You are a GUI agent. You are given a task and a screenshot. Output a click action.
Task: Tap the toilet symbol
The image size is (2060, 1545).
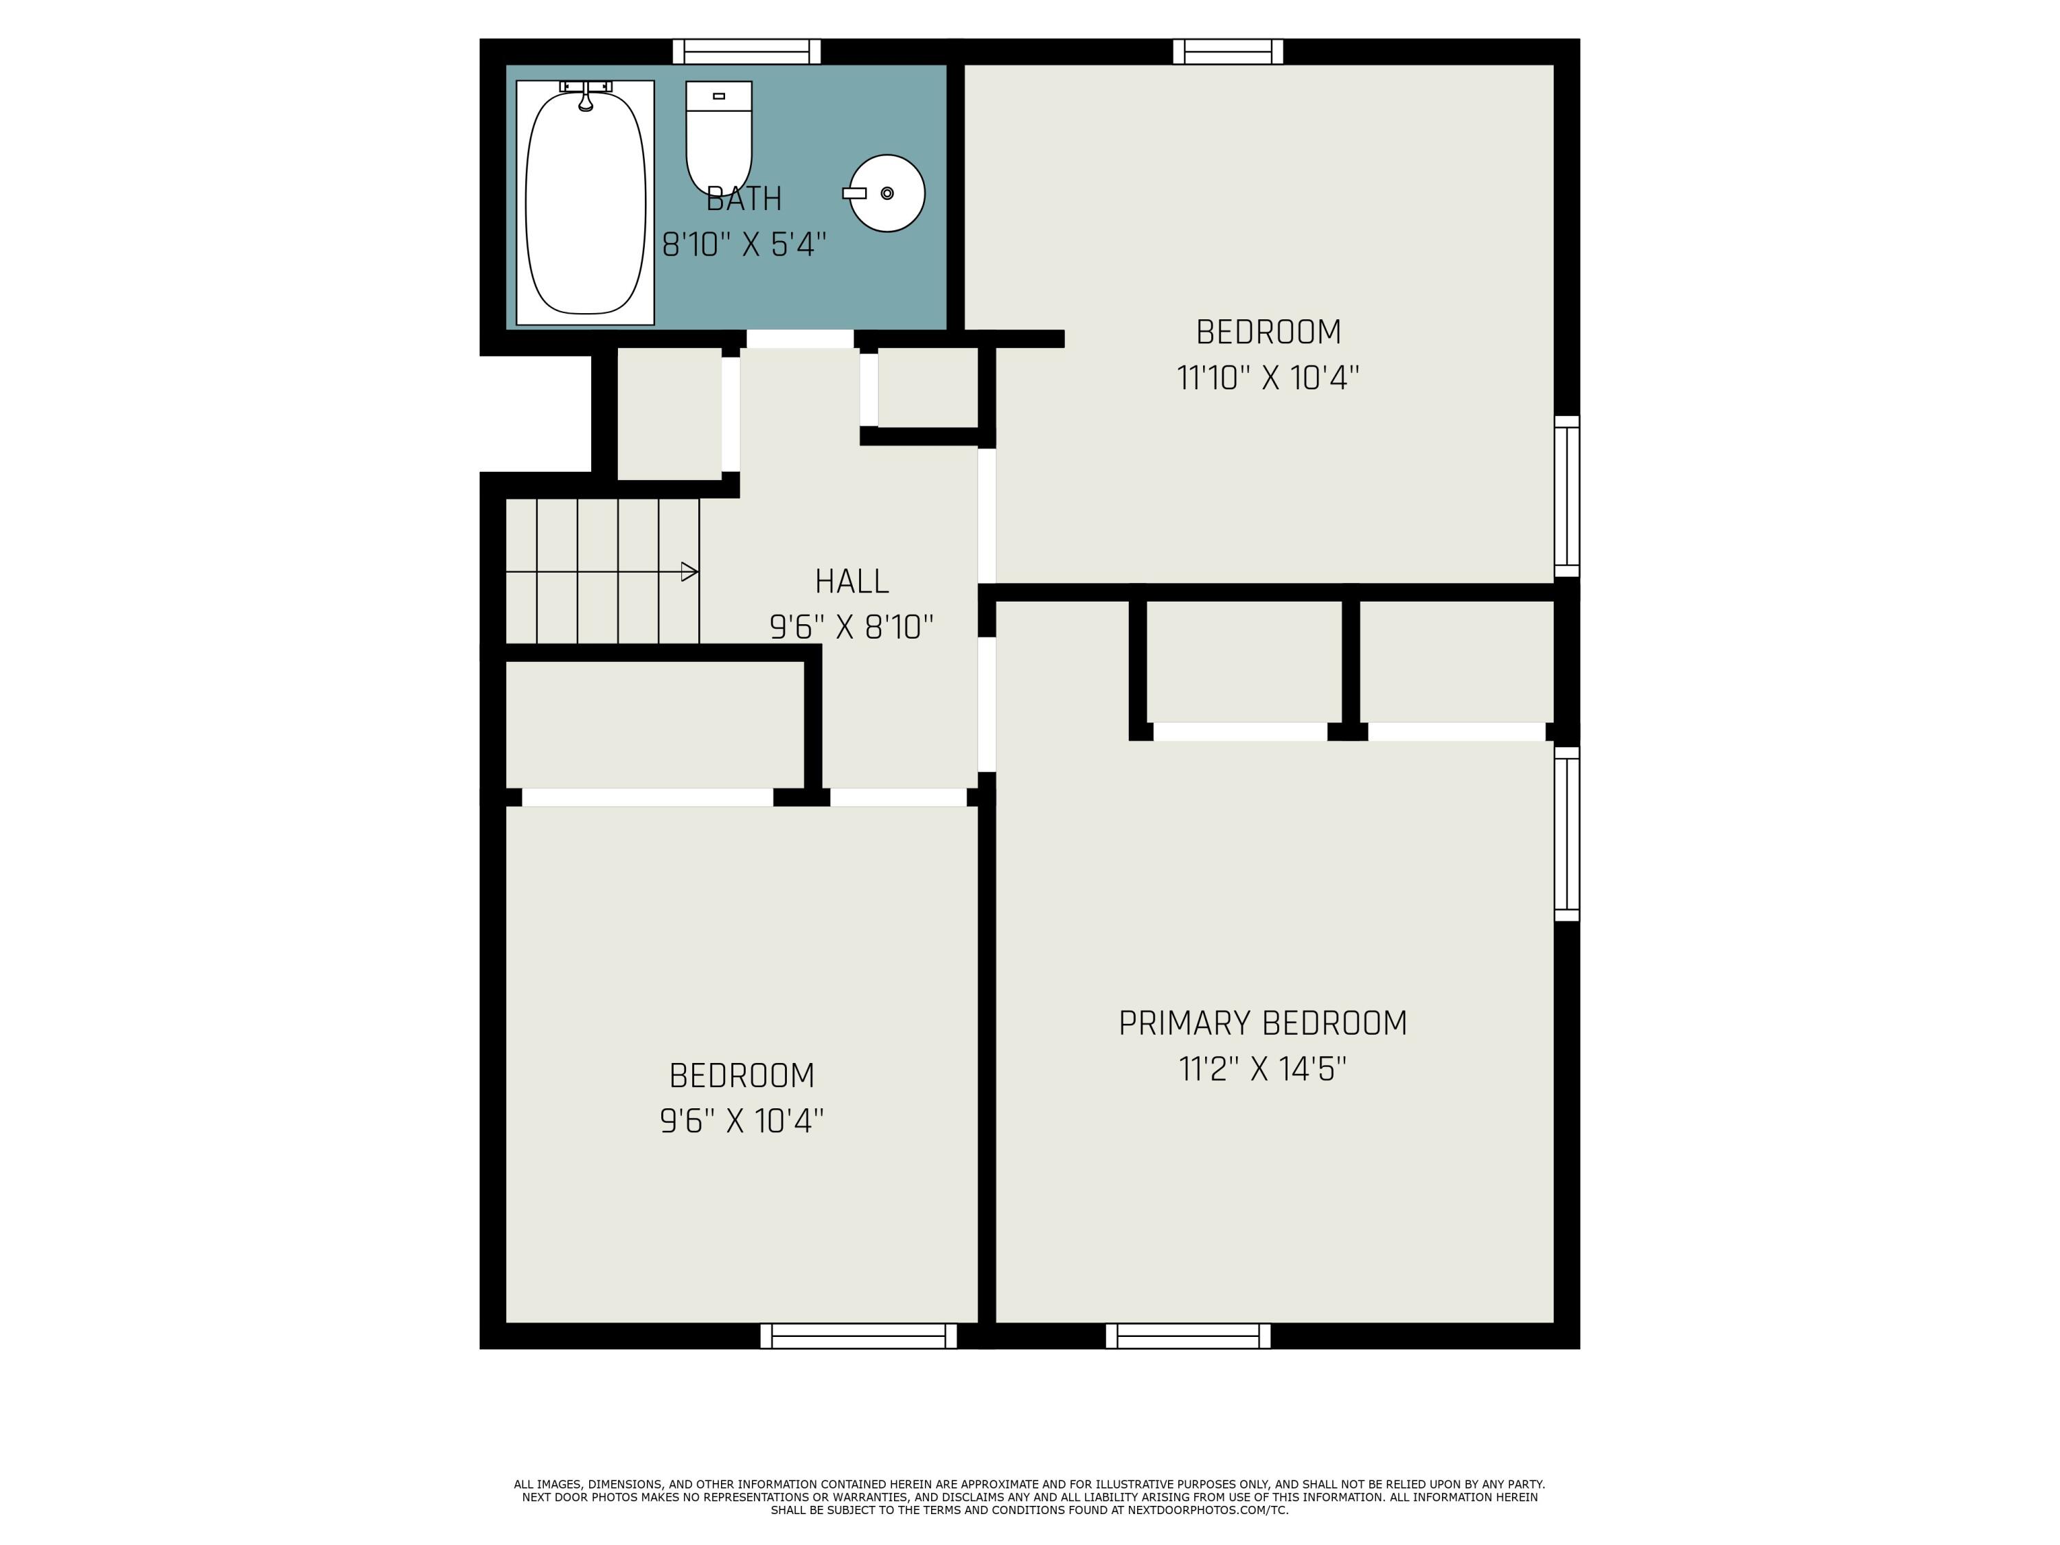718,135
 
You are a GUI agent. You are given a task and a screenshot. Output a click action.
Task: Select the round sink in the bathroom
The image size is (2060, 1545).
886,193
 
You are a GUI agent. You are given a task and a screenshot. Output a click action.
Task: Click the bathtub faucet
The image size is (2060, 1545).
586,97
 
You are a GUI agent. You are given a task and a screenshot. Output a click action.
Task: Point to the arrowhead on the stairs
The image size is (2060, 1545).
689,572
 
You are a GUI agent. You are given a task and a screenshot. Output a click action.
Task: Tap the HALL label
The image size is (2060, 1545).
851,581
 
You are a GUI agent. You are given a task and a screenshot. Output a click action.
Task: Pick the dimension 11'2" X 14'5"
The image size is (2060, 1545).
1262,1069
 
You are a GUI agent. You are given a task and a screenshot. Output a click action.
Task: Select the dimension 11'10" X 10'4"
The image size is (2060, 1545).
1268,378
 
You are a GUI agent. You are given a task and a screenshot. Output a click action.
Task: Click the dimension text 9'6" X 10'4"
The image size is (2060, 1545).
742,1121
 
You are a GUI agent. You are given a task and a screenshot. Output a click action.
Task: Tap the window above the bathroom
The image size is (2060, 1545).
746,51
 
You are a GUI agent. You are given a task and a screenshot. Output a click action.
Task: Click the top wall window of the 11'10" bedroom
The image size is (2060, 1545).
1228,51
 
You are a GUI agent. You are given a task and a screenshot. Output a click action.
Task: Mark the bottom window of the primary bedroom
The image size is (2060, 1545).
1187,1336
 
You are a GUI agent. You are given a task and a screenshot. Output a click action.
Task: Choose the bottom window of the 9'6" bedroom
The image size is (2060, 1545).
858,1336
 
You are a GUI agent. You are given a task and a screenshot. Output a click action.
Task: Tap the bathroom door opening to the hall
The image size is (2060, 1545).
800,339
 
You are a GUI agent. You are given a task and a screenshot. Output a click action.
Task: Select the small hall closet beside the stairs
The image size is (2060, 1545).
669,415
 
